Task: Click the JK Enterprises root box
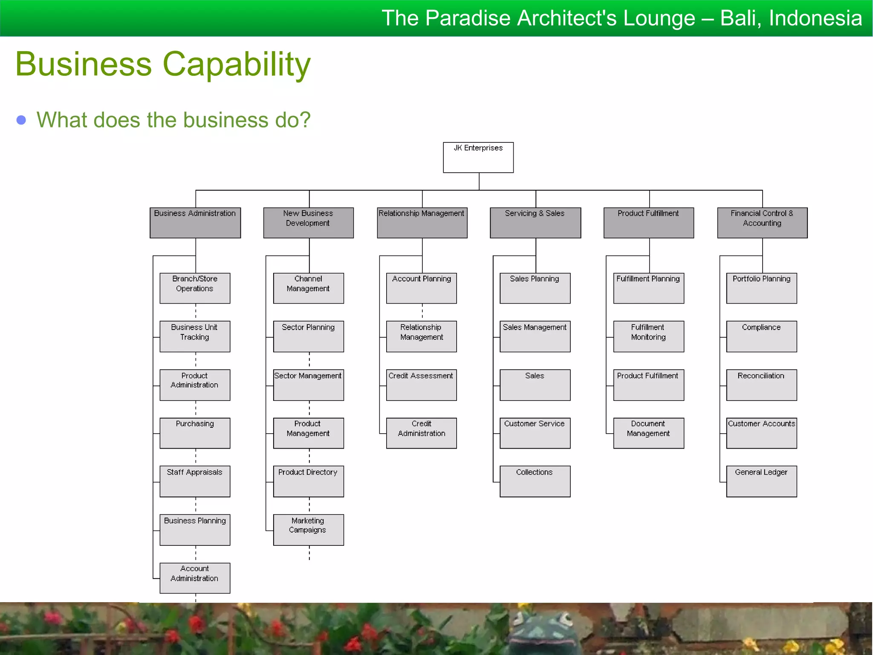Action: [478, 157]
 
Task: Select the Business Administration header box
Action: [195, 223]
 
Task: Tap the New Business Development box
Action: [308, 223]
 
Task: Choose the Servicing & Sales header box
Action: [535, 223]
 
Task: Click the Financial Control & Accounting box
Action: [762, 223]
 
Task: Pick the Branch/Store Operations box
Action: [195, 288]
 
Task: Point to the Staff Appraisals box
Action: [195, 481]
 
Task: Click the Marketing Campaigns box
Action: [308, 530]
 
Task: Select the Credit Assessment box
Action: [421, 385]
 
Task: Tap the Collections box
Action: [535, 481]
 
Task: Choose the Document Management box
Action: [648, 433]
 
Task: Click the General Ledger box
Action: [761, 481]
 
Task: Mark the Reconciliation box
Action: [761, 385]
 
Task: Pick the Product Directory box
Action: [308, 481]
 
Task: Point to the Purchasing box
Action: [195, 433]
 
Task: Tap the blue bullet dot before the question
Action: [21, 120]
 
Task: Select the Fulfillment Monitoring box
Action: [648, 336]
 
